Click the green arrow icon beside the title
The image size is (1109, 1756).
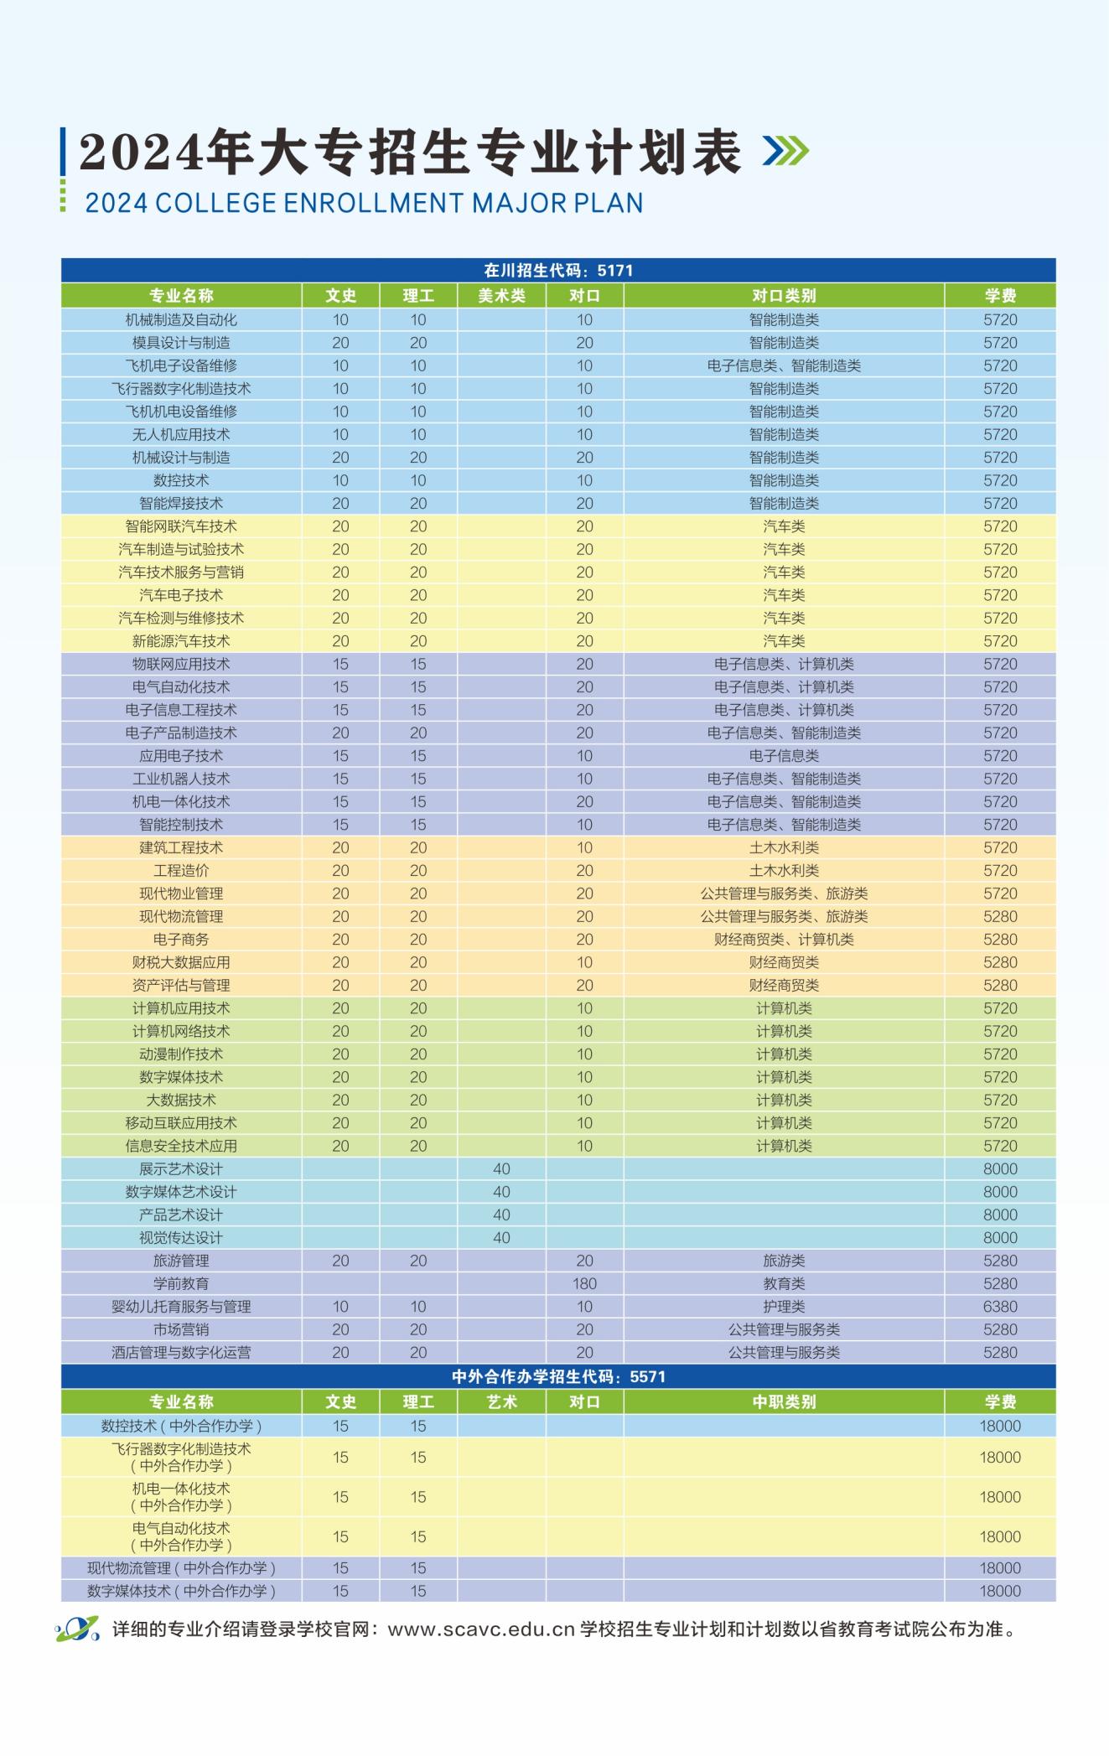[x=785, y=151]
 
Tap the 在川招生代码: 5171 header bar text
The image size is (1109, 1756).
[x=558, y=270]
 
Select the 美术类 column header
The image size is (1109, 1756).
[x=501, y=295]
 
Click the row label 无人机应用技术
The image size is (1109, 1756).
[x=181, y=434]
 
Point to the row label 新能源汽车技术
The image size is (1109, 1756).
[x=181, y=641]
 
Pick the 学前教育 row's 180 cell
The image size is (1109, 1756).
[x=584, y=1283]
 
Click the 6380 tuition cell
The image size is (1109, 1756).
[x=1000, y=1307]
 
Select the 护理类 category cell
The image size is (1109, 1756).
[x=784, y=1307]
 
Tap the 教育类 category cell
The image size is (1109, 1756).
[x=784, y=1283]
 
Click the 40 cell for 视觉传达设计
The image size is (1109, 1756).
[x=501, y=1238]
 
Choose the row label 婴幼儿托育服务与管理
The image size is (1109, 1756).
[x=181, y=1307]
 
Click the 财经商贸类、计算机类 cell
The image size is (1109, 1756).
[x=784, y=940]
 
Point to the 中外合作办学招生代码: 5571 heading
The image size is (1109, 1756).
[x=558, y=1376]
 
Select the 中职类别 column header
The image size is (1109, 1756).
[x=784, y=1401]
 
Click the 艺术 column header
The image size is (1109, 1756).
[x=501, y=1401]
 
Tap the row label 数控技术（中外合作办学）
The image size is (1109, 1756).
[x=181, y=1426]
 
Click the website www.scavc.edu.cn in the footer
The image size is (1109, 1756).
[x=481, y=1629]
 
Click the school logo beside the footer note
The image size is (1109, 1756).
[x=78, y=1629]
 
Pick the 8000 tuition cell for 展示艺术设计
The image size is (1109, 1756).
[x=1000, y=1169]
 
